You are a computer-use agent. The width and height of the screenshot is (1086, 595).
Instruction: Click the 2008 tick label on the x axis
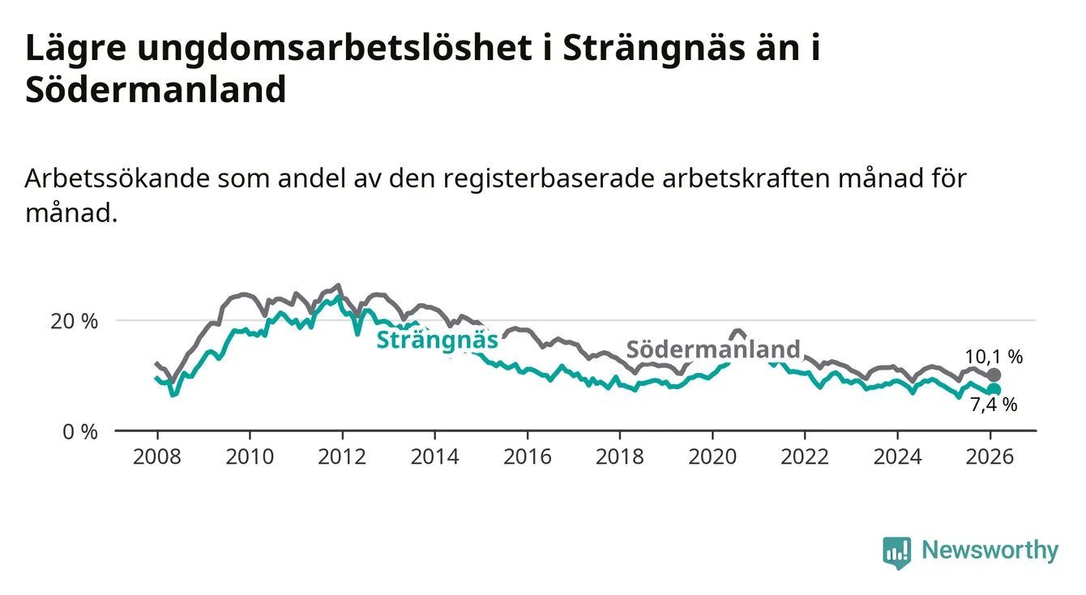pyautogui.click(x=157, y=457)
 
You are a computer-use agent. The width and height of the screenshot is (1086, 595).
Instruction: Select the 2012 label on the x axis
pyautogui.click(x=342, y=457)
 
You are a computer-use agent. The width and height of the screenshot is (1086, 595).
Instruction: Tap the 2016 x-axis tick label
pyautogui.click(x=527, y=457)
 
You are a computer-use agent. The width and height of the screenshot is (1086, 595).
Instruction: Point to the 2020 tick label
pyautogui.click(x=712, y=457)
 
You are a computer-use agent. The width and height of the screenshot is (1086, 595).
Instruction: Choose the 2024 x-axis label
pyautogui.click(x=897, y=457)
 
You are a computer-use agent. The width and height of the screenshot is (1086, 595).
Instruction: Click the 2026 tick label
pyautogui.click(x=990, y=457)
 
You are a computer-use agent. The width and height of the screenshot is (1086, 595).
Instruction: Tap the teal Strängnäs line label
pyautogui.click(x=437, y=340)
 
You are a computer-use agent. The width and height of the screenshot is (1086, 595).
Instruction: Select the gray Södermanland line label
pyautogui.click(x=713, y=349)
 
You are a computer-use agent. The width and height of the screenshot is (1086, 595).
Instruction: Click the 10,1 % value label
pyautogui.click(x=994, y=356)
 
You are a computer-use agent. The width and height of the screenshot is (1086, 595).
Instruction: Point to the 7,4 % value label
pyautogui.click(x=994, y=405)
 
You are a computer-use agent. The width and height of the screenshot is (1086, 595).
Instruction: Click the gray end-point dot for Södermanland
pyautogui.click(x=994, y=375)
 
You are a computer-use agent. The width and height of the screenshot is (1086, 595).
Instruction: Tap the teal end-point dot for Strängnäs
pyautogui.click(x=994, y=390)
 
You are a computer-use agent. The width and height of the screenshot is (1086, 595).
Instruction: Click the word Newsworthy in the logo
pyautogui.click(x=990, y=551)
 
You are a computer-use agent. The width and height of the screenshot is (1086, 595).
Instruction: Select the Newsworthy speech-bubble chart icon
pyautogui.click(x=896, y=552)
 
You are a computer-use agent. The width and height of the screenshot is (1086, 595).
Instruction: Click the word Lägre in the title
pyautogui.click(x=74, y=49)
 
